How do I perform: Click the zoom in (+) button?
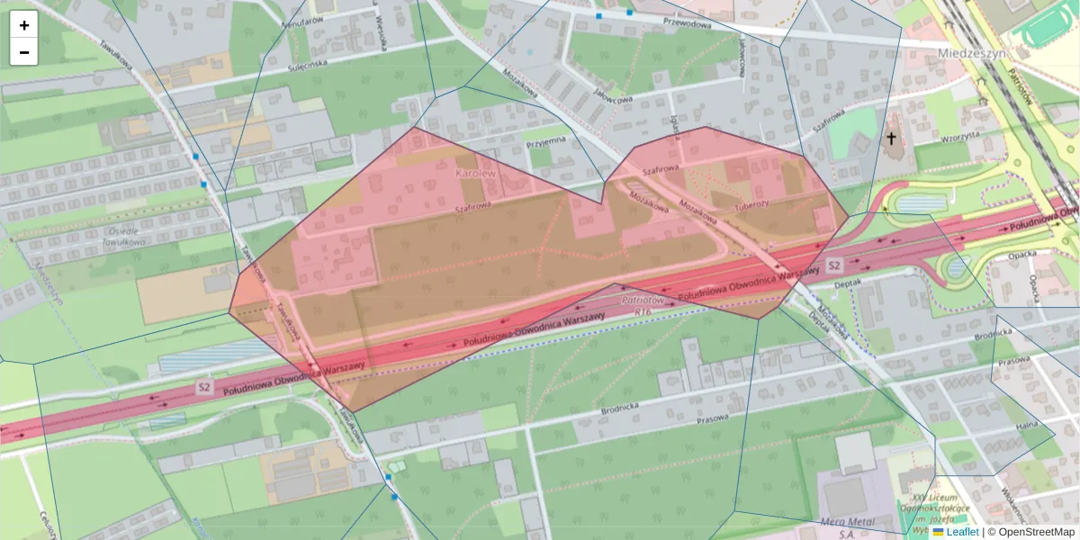point(24,25)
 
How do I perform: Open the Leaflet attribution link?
point(962,532)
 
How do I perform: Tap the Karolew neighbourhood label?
point(475,171)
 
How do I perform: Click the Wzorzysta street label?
point(959,137)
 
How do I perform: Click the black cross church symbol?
point(891,139)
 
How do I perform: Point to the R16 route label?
point(642,311)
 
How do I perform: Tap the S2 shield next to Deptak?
point(834,265)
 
